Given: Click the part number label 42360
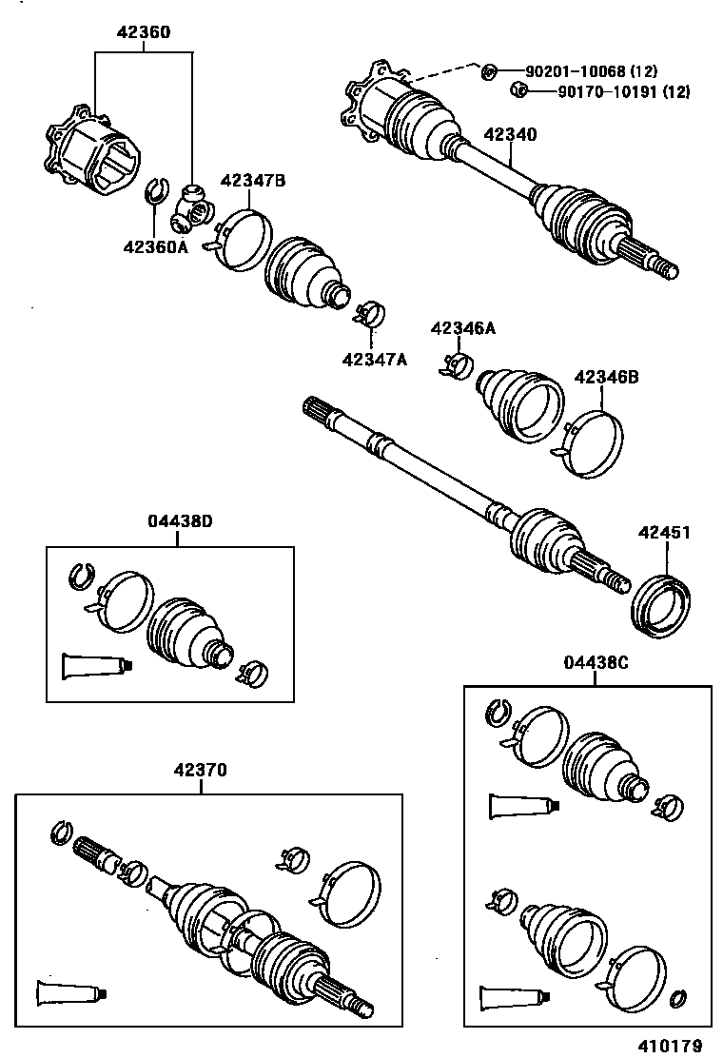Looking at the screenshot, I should click(x=144, y=32).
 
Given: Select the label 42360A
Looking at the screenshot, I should click(x=156, y=247).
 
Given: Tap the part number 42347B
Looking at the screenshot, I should click(x=253, y=181).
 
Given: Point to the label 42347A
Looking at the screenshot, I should click(x=374, y=359).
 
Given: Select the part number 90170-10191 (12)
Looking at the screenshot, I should click(x=610, y=92).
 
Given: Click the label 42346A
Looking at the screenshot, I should click(x=463, y=328).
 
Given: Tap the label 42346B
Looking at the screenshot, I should click(x=606, y=377).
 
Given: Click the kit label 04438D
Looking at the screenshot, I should click(x=180, y=520).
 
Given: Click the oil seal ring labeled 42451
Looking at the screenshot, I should click(x=663, y=602).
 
